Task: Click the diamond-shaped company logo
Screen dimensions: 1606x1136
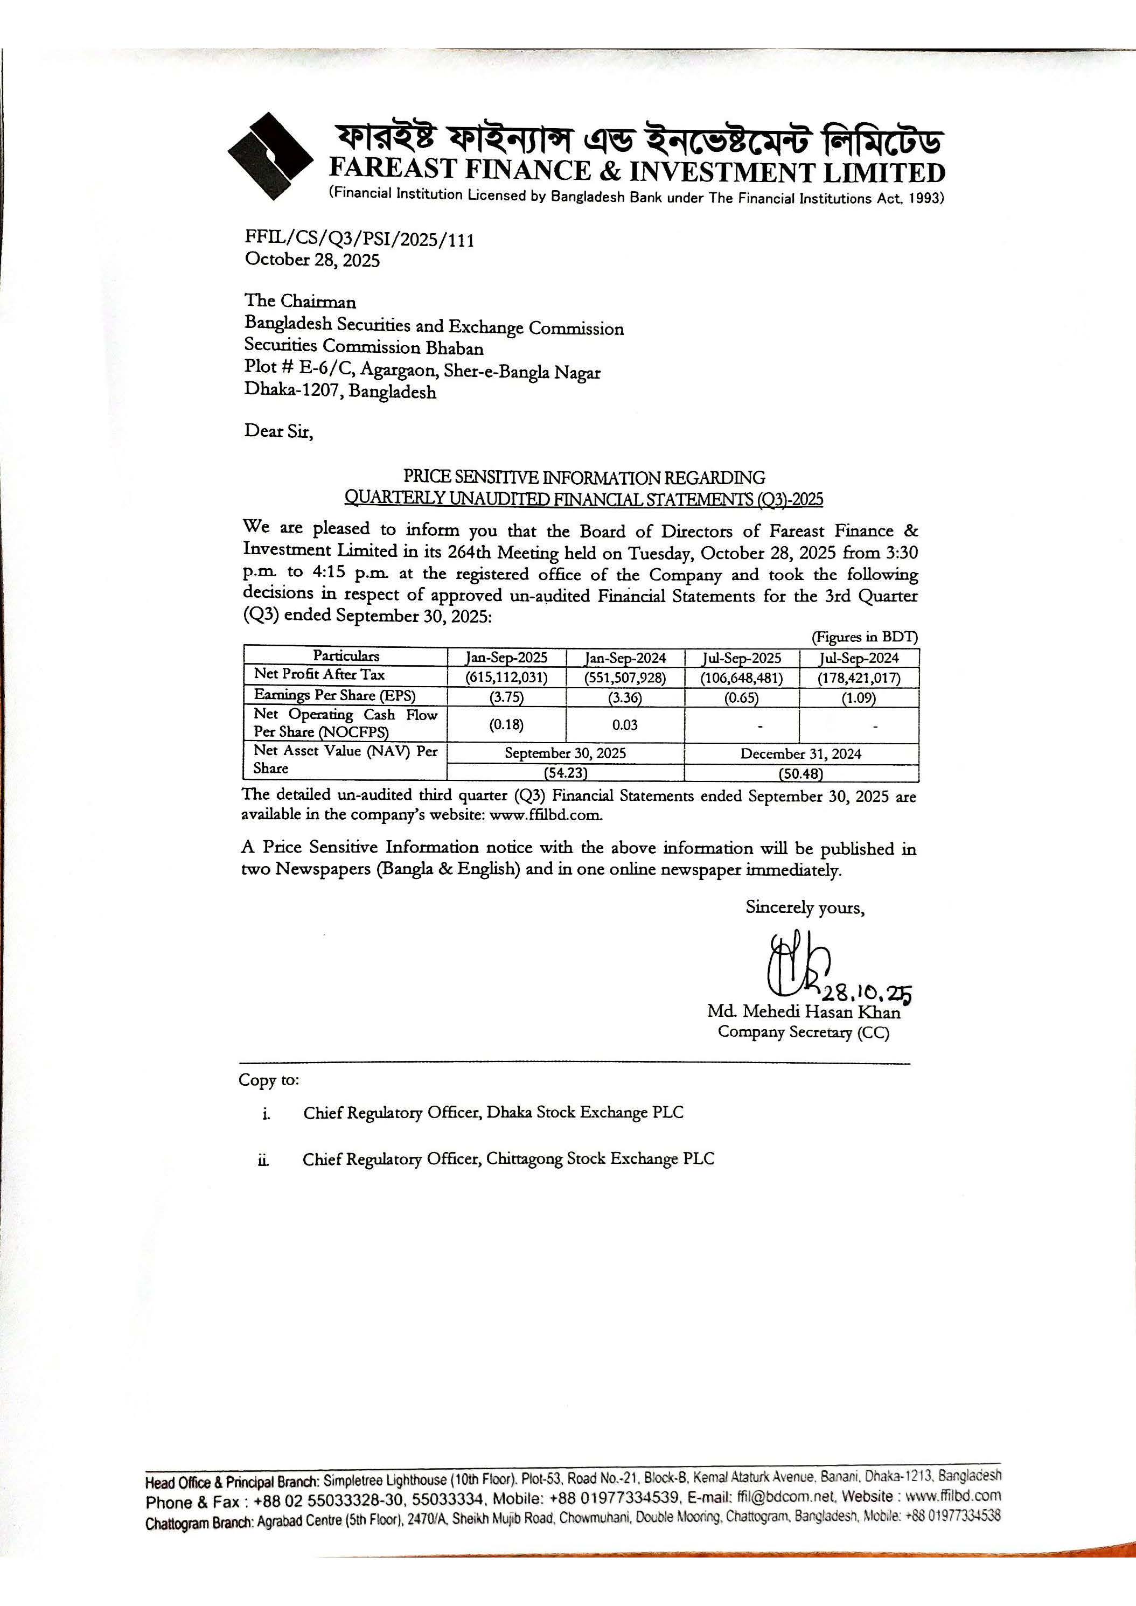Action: click(270, 157)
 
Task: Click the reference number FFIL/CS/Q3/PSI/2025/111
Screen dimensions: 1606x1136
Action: click(359, 240)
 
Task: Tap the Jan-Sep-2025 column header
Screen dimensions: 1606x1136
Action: click(506, 658)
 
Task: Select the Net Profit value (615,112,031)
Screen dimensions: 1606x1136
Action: click(506, 677)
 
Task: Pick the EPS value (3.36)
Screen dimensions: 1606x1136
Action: click(625, 697)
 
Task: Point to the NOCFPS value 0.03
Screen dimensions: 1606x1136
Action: click(625, 725)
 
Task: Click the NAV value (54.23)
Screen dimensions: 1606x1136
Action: click(565, 773)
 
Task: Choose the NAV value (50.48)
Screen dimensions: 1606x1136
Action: click(801, 773)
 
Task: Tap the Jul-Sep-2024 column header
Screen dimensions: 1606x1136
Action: click(859, 658)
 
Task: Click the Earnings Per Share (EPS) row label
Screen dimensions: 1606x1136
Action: click(334, 696)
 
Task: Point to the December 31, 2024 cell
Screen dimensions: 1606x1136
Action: click(801, 753)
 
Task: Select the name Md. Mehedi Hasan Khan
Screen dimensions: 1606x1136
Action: click(804, 1011)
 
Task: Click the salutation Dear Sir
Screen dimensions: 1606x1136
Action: click(278, 431)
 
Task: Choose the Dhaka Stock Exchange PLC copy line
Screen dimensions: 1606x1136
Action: click(493, 1113)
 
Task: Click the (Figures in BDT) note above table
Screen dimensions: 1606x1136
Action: click(865, 637)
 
